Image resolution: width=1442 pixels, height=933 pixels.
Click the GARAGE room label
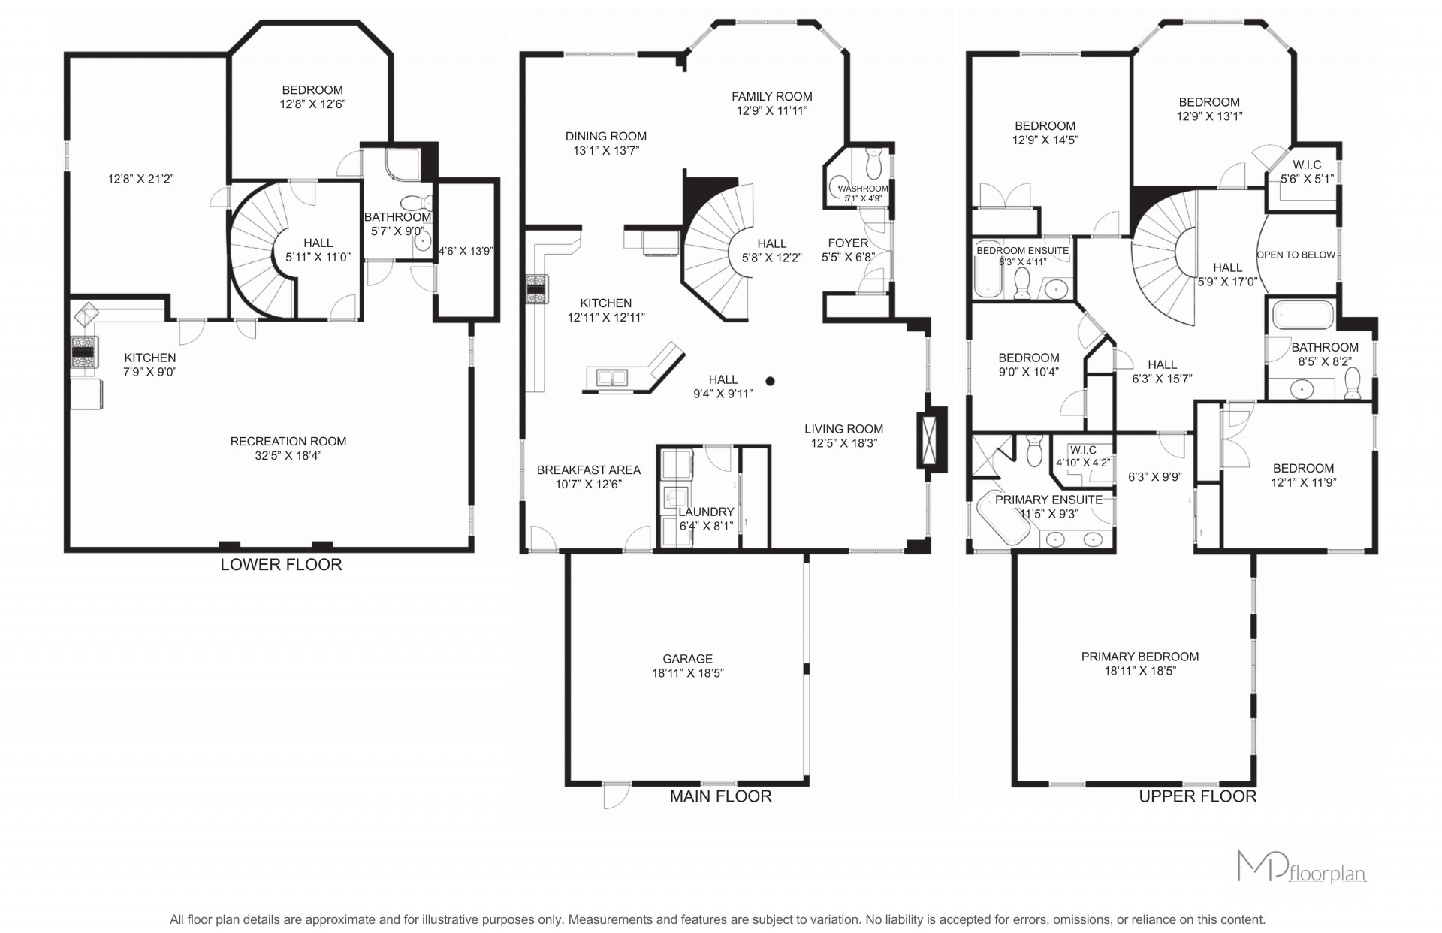687,659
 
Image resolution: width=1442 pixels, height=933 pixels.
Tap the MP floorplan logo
1302,868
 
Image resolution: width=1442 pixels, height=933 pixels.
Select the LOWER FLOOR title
281,565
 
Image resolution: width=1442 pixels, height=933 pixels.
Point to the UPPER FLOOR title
1197,796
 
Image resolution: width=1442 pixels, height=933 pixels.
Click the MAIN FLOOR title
720,796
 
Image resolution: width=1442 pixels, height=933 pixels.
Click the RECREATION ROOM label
288,442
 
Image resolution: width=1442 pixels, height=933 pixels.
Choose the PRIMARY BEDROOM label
1140,657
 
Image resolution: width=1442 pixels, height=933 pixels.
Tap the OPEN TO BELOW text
1296,255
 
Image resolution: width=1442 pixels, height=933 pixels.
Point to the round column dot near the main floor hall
770,381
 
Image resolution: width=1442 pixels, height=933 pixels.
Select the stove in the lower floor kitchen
83,351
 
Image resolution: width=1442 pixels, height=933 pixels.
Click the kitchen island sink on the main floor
612,377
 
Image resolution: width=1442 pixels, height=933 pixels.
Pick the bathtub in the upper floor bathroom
1302,316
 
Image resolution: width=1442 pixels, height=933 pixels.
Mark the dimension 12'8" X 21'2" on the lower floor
141,179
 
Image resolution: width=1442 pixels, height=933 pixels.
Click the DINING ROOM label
606,137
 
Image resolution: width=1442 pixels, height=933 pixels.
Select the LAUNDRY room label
706,512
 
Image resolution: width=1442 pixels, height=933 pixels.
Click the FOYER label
848,243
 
